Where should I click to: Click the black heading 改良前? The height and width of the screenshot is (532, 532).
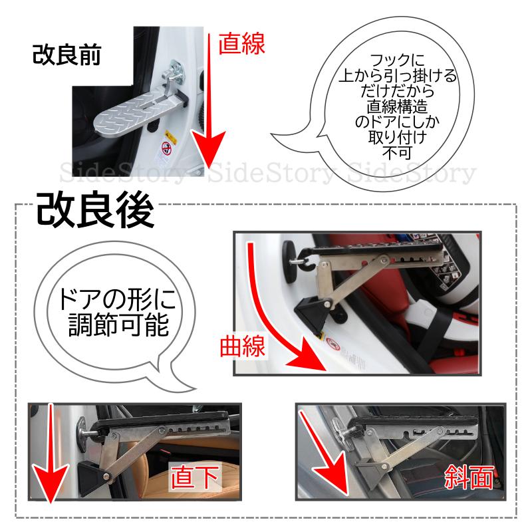(x=66, y=55)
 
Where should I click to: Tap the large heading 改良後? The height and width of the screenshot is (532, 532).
(x=95, y=210)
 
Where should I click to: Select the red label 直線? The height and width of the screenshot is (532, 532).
(x=241, y=44)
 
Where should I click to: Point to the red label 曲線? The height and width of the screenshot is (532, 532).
(x=242, y=346)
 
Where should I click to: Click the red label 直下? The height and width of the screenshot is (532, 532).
(x=194, y=477)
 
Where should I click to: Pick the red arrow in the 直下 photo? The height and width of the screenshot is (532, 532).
(x=51, y=455)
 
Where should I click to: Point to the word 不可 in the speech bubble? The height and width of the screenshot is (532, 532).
(x=397, y=152)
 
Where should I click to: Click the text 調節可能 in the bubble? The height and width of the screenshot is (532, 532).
(x=119, y=325)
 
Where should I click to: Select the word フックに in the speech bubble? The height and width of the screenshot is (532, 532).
(x=397, y=61)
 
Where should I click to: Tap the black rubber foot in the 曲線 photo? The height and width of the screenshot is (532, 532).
(x=311, y=314)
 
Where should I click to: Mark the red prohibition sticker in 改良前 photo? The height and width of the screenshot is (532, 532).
(x=166, y=148)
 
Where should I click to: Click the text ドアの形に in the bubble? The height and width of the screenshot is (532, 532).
(x=117, y=299)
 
